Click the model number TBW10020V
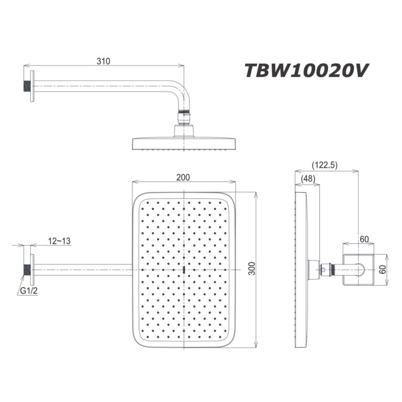pyautogui.click(x=308, y=71)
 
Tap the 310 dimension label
pyautogui.click(x=103, y=61)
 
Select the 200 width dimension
pyautogui.click(x=183, y=177)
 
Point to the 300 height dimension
pyautogui.click(x=252, y=268)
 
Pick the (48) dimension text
pyautogui.click(x=308, y=179)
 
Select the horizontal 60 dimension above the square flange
pyautogui.click(x=364, y=239)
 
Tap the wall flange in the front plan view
pyautogui.click(x=32, y=270)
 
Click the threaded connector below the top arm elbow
pyautogui.click(x=183, y=116)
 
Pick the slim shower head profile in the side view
pyautogui.click(x=303, y=270)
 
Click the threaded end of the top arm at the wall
pyautogui.click(x=25, y=84)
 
